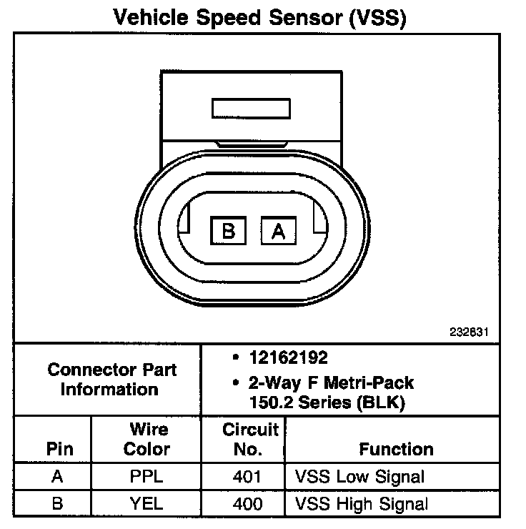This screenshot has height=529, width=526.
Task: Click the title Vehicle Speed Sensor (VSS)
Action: (262, 17)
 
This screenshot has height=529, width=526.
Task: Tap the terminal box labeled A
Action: (279, 230)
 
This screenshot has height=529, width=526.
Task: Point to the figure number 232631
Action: (470, 332)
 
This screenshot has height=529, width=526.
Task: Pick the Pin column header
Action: (59, 450)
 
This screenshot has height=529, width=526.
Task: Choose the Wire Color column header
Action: (148, 440)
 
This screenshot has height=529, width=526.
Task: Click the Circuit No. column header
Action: (249, 440)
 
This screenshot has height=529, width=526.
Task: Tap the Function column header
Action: (395, 450)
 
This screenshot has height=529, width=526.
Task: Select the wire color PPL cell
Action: (147, 477)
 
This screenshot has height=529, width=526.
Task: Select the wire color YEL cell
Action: (147, 503)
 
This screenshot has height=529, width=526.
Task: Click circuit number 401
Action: (248, 477)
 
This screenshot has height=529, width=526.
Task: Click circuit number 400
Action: (248, 503)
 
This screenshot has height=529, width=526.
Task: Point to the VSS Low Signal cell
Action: (360, 477)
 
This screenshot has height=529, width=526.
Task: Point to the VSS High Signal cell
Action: (362, 503)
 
